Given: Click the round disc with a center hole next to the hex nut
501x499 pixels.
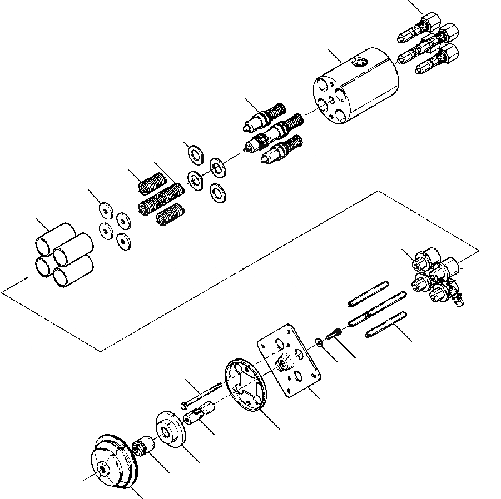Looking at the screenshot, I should click(x=170, y=428).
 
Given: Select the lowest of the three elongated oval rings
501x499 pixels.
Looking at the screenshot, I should click(x=383, y=326).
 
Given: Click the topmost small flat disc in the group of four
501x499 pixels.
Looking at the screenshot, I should click(x=104, y=209).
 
